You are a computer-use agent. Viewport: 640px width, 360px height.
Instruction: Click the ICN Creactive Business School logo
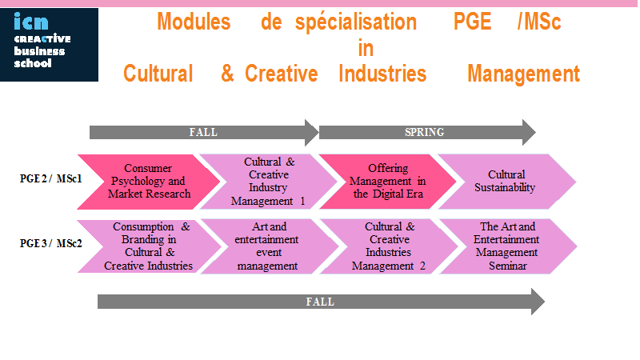point(49,45)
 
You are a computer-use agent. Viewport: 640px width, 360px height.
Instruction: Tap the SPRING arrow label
point(424,132)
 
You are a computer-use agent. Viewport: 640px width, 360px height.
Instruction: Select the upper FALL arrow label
point(203,132)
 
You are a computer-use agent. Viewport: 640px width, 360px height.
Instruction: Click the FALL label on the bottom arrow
point(320,302)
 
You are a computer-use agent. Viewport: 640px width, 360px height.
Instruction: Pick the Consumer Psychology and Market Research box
point(149,182)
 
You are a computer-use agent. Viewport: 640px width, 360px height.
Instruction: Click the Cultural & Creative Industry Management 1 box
point(269,182)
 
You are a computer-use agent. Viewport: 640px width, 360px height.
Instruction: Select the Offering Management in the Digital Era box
point(388,182)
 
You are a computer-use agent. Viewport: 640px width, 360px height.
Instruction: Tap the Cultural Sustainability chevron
point(507,182)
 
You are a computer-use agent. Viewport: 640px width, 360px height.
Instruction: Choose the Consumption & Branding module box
point(149,246)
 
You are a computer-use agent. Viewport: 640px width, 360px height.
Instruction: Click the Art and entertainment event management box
point(269,246)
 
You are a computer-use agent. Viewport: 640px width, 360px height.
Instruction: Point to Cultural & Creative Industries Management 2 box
point(389,246)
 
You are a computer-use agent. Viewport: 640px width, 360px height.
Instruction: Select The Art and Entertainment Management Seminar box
point(508,246)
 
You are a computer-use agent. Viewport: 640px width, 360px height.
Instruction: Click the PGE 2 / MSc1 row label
point(51,178)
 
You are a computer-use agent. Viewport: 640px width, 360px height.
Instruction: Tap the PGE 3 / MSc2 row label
point(51,243)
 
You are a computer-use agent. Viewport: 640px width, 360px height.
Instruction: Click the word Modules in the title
point(194,22)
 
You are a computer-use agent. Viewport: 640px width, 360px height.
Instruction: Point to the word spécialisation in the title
point(356,23)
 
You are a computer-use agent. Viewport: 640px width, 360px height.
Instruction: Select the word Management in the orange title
point(524,74)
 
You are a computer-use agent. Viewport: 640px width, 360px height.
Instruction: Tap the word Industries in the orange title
point(382,74)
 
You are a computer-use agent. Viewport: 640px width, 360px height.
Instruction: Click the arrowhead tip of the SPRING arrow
point(535,132)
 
